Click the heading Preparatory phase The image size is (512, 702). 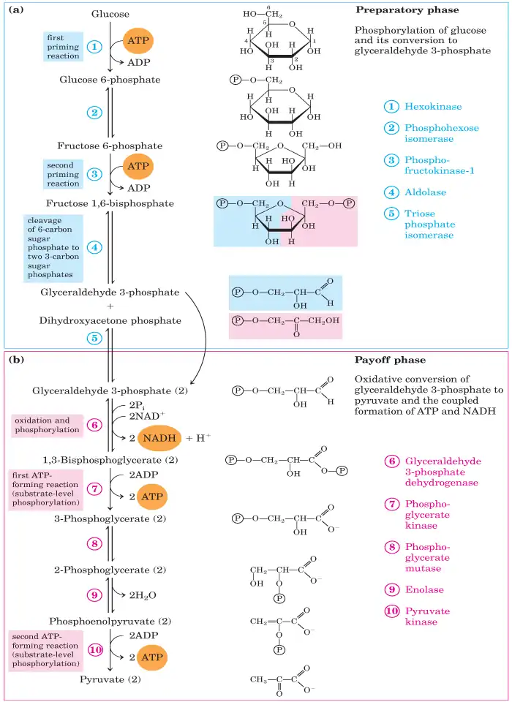(407, 10)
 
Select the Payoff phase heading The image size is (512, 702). (390, 361)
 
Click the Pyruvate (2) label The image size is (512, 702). (110, 679)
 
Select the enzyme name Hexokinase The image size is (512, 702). (432, 106)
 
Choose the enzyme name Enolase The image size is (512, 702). (424, 589)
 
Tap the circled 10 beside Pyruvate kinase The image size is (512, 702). (393, 611)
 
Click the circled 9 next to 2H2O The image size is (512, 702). (95, 595)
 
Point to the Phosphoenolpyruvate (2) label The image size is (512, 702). (110, 622)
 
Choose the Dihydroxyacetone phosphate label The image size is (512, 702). (110, 320)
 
